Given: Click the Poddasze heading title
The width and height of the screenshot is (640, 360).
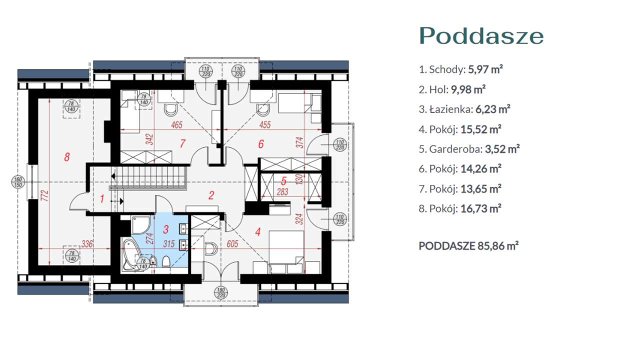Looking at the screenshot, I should (x=481, y=36).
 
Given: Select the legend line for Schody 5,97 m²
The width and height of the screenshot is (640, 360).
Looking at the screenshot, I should (x=460, y=69).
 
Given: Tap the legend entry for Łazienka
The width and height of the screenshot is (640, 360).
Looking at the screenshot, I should (x=464, y=109).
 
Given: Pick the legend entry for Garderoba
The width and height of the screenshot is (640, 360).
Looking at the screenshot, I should (x=469, y=149).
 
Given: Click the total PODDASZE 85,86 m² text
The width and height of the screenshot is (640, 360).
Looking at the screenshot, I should (x=468, y=246).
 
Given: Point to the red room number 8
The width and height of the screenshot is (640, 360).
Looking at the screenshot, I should (x=67, y=157).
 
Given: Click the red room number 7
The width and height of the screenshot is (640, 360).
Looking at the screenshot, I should (x=183, y=144).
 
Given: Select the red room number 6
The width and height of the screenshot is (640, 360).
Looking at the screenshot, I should (x=260, y=144).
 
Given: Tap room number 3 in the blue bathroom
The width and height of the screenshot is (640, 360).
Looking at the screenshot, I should (x=166, y=229).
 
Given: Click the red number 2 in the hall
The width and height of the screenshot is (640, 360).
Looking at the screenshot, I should (x=211, y=195).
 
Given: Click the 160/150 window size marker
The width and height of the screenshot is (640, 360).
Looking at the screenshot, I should (x=17, y=182).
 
